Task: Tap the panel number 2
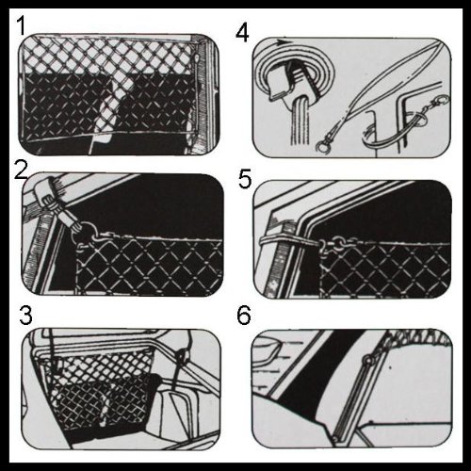22,170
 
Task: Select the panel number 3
25,315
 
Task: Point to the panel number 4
242,34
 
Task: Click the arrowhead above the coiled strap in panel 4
283,41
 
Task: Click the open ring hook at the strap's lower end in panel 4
322,146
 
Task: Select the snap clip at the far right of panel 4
440,102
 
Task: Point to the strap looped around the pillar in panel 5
290,239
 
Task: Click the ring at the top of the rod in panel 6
366,360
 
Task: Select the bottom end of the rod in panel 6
336,437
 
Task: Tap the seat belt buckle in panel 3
182,356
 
